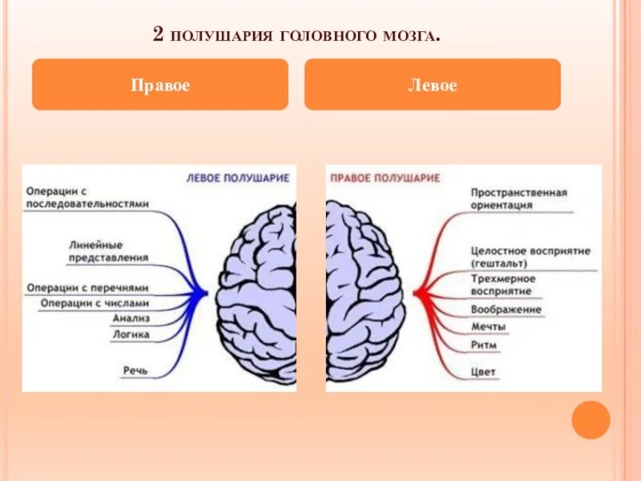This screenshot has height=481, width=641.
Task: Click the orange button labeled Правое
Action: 160,85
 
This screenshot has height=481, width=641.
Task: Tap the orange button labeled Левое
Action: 433,85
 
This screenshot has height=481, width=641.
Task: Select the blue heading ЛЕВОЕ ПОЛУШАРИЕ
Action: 237,178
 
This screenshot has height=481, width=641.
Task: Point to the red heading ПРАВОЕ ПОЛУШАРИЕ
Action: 385,178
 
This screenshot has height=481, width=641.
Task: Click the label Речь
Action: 135,370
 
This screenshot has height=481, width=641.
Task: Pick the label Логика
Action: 131,334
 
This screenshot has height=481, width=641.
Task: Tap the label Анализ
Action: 131,318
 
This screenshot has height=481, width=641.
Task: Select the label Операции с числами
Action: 95,303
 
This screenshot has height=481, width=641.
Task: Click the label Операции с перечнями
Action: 87,287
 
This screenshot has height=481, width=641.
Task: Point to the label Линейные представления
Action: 107,251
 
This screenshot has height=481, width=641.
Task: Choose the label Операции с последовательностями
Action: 87,198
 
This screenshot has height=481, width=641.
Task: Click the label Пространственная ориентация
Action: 518,199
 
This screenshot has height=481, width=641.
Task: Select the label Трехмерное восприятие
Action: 502,285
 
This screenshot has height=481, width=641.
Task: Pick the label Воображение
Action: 506,309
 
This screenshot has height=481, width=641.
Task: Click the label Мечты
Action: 488,326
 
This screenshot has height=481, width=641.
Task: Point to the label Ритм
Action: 484,345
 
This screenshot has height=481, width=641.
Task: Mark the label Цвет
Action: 484,372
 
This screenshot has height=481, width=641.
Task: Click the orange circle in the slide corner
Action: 591,419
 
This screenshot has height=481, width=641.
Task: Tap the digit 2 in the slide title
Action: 157,34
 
